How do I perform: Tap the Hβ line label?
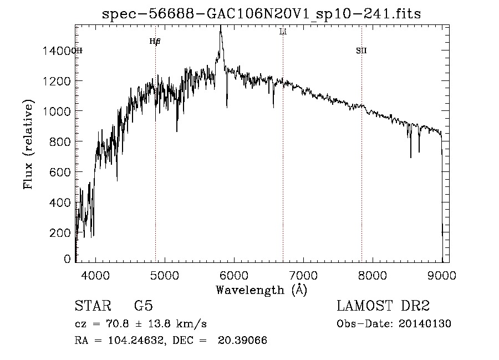pyautogui.click(x=155, y=41)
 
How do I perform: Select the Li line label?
pyautogui.click(x=283, y=32)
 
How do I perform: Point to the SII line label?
pyautogui.click(x=361, y=51)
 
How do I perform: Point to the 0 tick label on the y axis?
pyautogui.click(x=68, y=258)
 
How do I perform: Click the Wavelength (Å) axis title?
pyautogui.click(x=261, y=290)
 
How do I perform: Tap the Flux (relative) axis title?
pyautogui.click(x=28, y=144)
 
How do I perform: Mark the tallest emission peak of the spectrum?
pyautogui.click(x=221, y=28)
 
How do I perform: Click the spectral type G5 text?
pyautogui.click(x=147, y=306)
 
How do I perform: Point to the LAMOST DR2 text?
pyautogui.click(x=383, y=306)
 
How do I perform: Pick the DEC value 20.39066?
pyautogui.click(x=242, y=341)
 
